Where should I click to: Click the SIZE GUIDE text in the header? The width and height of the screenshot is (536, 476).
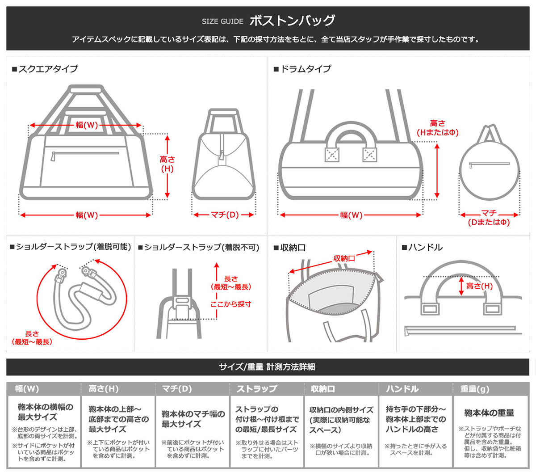(x=222, y=21)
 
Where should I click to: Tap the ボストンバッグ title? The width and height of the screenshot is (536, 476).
(x=292, y=21)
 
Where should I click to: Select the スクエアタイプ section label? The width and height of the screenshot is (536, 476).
(x=45, y=69)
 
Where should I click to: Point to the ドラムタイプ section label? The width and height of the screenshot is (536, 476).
(x=302, y=69)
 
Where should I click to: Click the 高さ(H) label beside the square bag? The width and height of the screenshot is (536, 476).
(x=167, y=164)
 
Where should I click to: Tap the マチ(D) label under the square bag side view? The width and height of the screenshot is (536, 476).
(x=225, y=215)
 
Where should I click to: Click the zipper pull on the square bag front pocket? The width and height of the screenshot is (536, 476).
(x=53, y=156)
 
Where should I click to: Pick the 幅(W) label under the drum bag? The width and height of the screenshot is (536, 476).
(x=351, y=215)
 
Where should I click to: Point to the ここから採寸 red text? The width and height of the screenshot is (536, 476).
(x=230, y=304)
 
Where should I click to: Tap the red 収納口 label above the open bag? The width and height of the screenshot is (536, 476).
(x=344, y=258)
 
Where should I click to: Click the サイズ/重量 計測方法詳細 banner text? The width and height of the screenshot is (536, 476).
(x=267, y=367)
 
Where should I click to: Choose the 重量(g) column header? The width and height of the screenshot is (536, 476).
(x=475, y=389)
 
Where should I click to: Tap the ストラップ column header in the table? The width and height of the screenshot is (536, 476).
(x=256, y=389)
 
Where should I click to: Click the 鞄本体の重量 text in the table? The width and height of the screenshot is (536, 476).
(x=489, y=413)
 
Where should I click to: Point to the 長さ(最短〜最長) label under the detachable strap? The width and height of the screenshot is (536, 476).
(x=32, y=338)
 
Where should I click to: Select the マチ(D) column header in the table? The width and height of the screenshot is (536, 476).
(x=177, y=389)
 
